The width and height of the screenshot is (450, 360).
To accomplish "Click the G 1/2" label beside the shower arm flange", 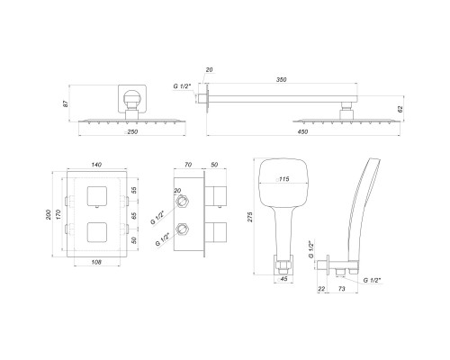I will (184, 85).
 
